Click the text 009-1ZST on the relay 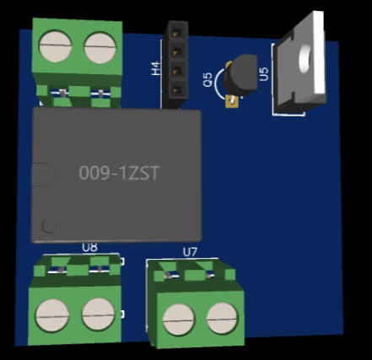[119, 173]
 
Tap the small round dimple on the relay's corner [50, 225]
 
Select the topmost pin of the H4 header [176, 33]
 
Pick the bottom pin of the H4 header [176, 89]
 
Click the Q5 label [208, 80]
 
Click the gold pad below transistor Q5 [231, 104]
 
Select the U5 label [264, 74]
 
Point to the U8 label [89, 247]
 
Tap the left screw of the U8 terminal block [52, 315]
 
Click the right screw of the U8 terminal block [98, 315]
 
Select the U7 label [190, 252]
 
